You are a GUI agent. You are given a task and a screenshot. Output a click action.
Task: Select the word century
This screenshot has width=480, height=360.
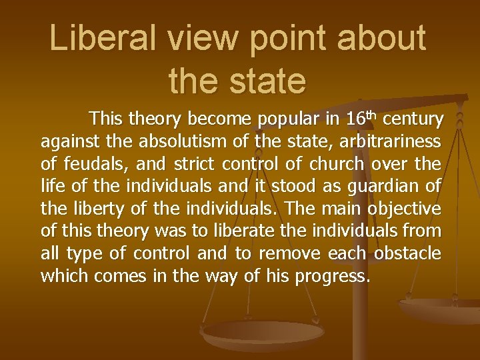coord(413,120)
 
